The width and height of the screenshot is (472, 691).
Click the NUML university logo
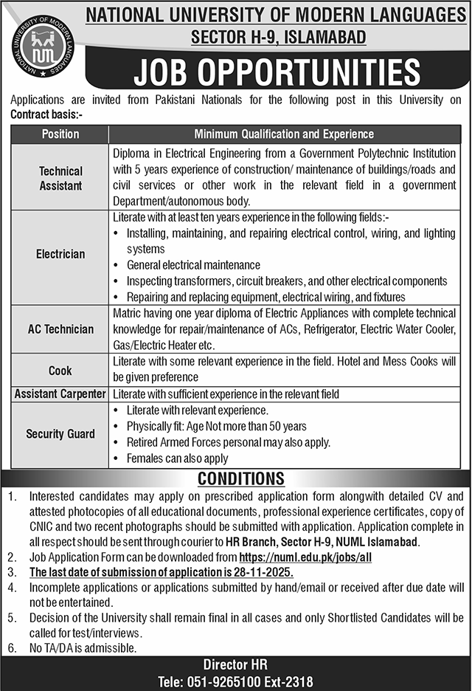tap(43, 46)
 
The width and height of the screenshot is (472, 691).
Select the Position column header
tap(60, 134)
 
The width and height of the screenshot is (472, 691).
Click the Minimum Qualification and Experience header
tap(283, 134)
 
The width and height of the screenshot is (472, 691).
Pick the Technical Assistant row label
tap(60, 178)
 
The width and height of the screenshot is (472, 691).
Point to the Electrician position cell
tap(60, 254)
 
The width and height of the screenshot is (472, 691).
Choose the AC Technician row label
tap(60, 329)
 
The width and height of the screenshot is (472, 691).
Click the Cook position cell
tap(60, 370)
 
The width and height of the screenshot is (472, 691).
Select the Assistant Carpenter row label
tap(60, 394)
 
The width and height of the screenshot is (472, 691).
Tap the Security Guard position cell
tap(60, 434)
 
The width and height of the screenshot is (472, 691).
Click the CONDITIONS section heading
tap(240, 478)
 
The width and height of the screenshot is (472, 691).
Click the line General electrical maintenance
tap(193, 265)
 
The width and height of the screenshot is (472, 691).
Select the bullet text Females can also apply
tap(177, 458)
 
